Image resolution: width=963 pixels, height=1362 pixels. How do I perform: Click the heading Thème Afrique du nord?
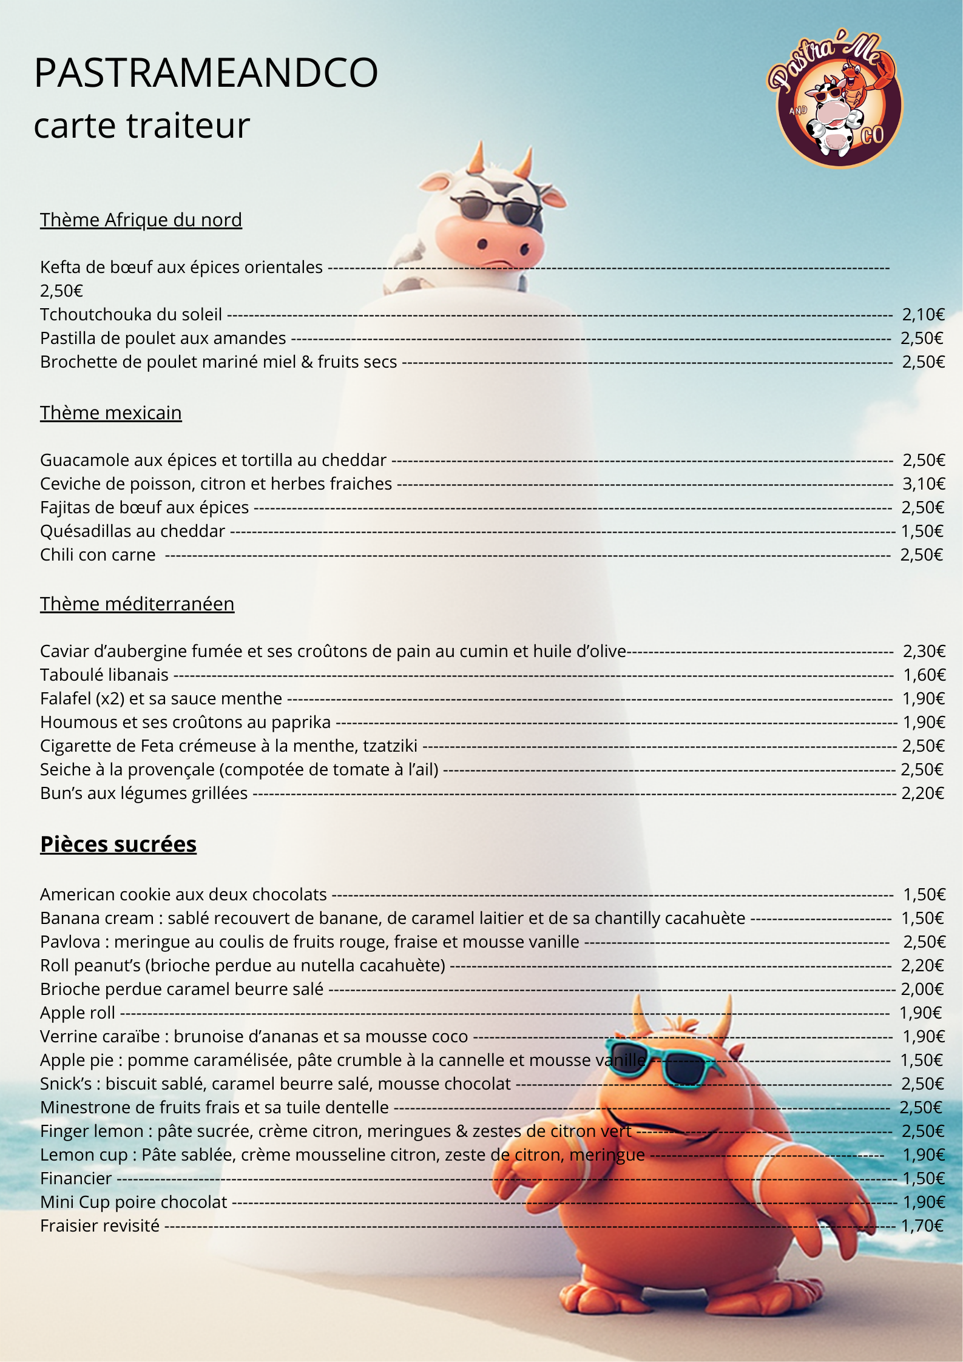(x=141, y=220)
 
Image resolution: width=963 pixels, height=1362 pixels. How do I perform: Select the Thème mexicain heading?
(x=111, y=413)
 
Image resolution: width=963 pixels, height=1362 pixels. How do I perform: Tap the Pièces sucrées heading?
(x=118, y=844)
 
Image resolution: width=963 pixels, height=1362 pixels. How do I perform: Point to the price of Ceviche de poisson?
(x=924, y=484)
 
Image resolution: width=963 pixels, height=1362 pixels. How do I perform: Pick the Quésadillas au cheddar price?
(x=922, y=531)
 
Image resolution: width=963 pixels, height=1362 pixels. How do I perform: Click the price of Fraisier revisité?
(x=922, y=1225)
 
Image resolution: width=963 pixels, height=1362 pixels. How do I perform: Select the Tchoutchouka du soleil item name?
(x=131, y=314)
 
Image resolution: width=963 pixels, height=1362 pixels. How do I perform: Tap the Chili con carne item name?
(x=98, y=555)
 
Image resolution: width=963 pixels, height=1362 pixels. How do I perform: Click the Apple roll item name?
(x=78, y=1013)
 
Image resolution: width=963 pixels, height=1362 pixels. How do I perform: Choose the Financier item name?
(x=76, y=1178)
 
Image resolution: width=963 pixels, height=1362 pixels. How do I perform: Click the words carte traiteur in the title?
(x=142, y=126)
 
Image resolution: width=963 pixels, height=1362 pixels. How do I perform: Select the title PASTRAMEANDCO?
(x=206, y=73)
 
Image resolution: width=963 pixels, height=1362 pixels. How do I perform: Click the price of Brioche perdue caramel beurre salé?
(x=922, y=989)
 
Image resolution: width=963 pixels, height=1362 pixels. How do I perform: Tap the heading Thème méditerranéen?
(x=137, y=604)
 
